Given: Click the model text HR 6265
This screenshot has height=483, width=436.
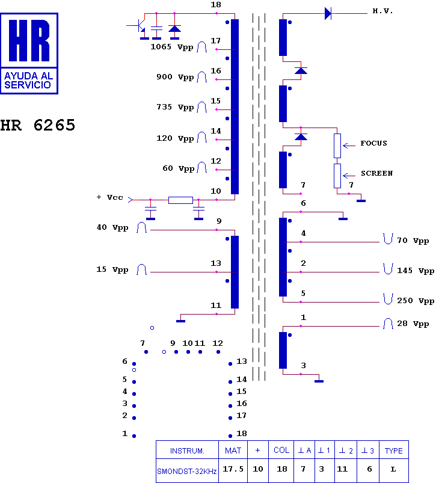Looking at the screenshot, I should (38, 126).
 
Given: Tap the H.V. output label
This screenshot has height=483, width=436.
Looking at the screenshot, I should (382, 11).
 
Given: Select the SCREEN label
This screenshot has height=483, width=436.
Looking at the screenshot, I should (376, 173).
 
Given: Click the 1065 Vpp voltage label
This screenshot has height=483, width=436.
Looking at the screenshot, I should (171, 47).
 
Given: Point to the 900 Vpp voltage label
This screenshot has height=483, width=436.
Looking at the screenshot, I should (175, 77).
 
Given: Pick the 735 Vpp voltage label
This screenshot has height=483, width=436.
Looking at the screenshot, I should (175, 107).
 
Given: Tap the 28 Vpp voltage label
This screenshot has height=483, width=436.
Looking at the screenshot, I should (413, 324).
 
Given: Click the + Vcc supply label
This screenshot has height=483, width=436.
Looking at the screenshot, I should (109, 197).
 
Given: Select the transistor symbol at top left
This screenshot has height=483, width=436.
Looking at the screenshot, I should (140, 26).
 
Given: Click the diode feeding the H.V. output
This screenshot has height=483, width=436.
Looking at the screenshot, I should (328, 13).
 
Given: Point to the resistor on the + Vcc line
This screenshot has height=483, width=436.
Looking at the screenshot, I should (180, 200).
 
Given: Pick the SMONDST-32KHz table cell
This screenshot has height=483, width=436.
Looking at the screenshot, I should (187, 471).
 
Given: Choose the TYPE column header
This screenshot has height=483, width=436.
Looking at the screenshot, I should (393, 451).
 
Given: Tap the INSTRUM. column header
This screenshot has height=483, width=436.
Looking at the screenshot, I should (187, 451).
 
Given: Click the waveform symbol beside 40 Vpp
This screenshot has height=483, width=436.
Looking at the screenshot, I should (142, 227).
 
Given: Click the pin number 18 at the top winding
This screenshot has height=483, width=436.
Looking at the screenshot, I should (216, 5).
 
